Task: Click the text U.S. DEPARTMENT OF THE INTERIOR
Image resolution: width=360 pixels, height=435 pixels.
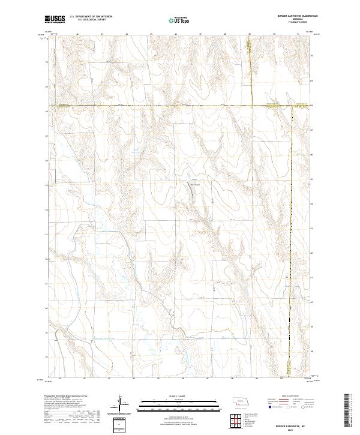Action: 91,17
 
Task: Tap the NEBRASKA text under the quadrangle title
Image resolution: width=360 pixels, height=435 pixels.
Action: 287,20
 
